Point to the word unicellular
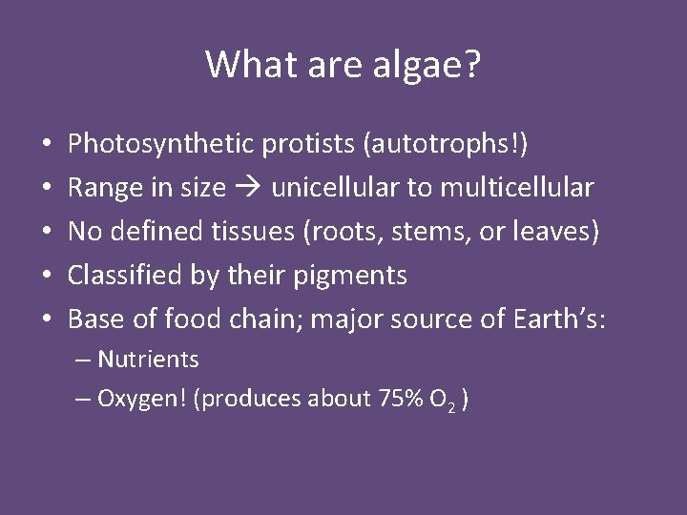[335, 188]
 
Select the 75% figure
[391, 399]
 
